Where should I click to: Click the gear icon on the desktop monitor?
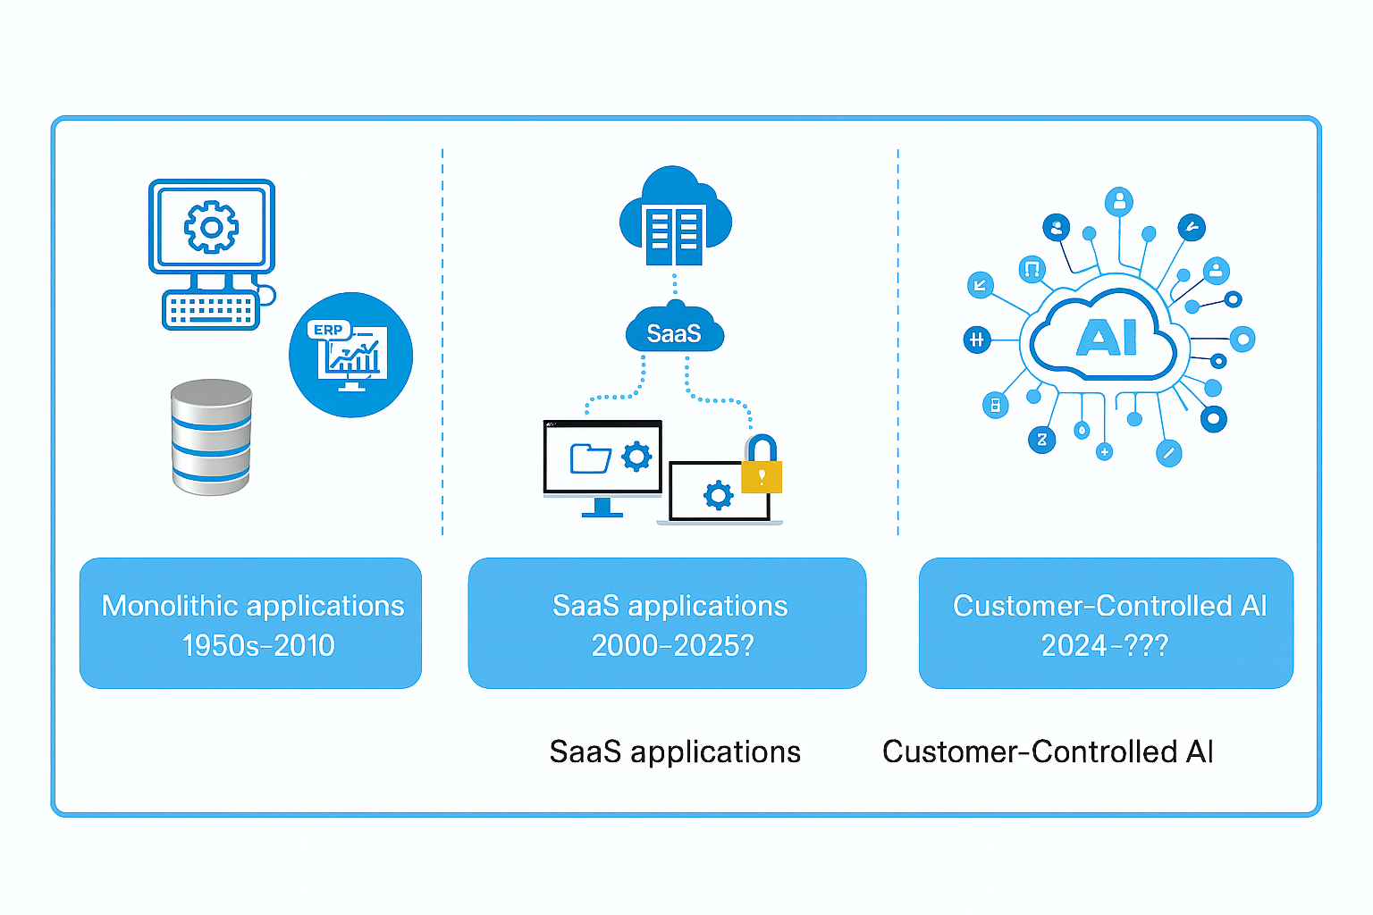[211, 227]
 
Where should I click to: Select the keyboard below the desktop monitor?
[211, 310]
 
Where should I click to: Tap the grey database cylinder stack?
[211, 437]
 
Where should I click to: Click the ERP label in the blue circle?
[328, 330]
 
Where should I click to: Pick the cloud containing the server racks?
[675, 219]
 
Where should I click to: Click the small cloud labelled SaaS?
[674, 333]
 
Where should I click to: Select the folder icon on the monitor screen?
[590, 458]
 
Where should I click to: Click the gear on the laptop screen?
[718, 494]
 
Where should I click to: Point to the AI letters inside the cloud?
[1107, 338]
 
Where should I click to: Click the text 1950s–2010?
[257, 645]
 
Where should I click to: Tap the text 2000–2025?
[672, 645]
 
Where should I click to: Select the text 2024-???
[1105, 645]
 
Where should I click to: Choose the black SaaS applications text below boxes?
[675, 752]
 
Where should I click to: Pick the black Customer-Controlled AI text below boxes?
[1048, 752]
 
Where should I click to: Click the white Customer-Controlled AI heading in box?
[1109, 606]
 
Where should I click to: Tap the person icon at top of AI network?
[1118, 201]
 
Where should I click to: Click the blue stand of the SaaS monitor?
[602, 508]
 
